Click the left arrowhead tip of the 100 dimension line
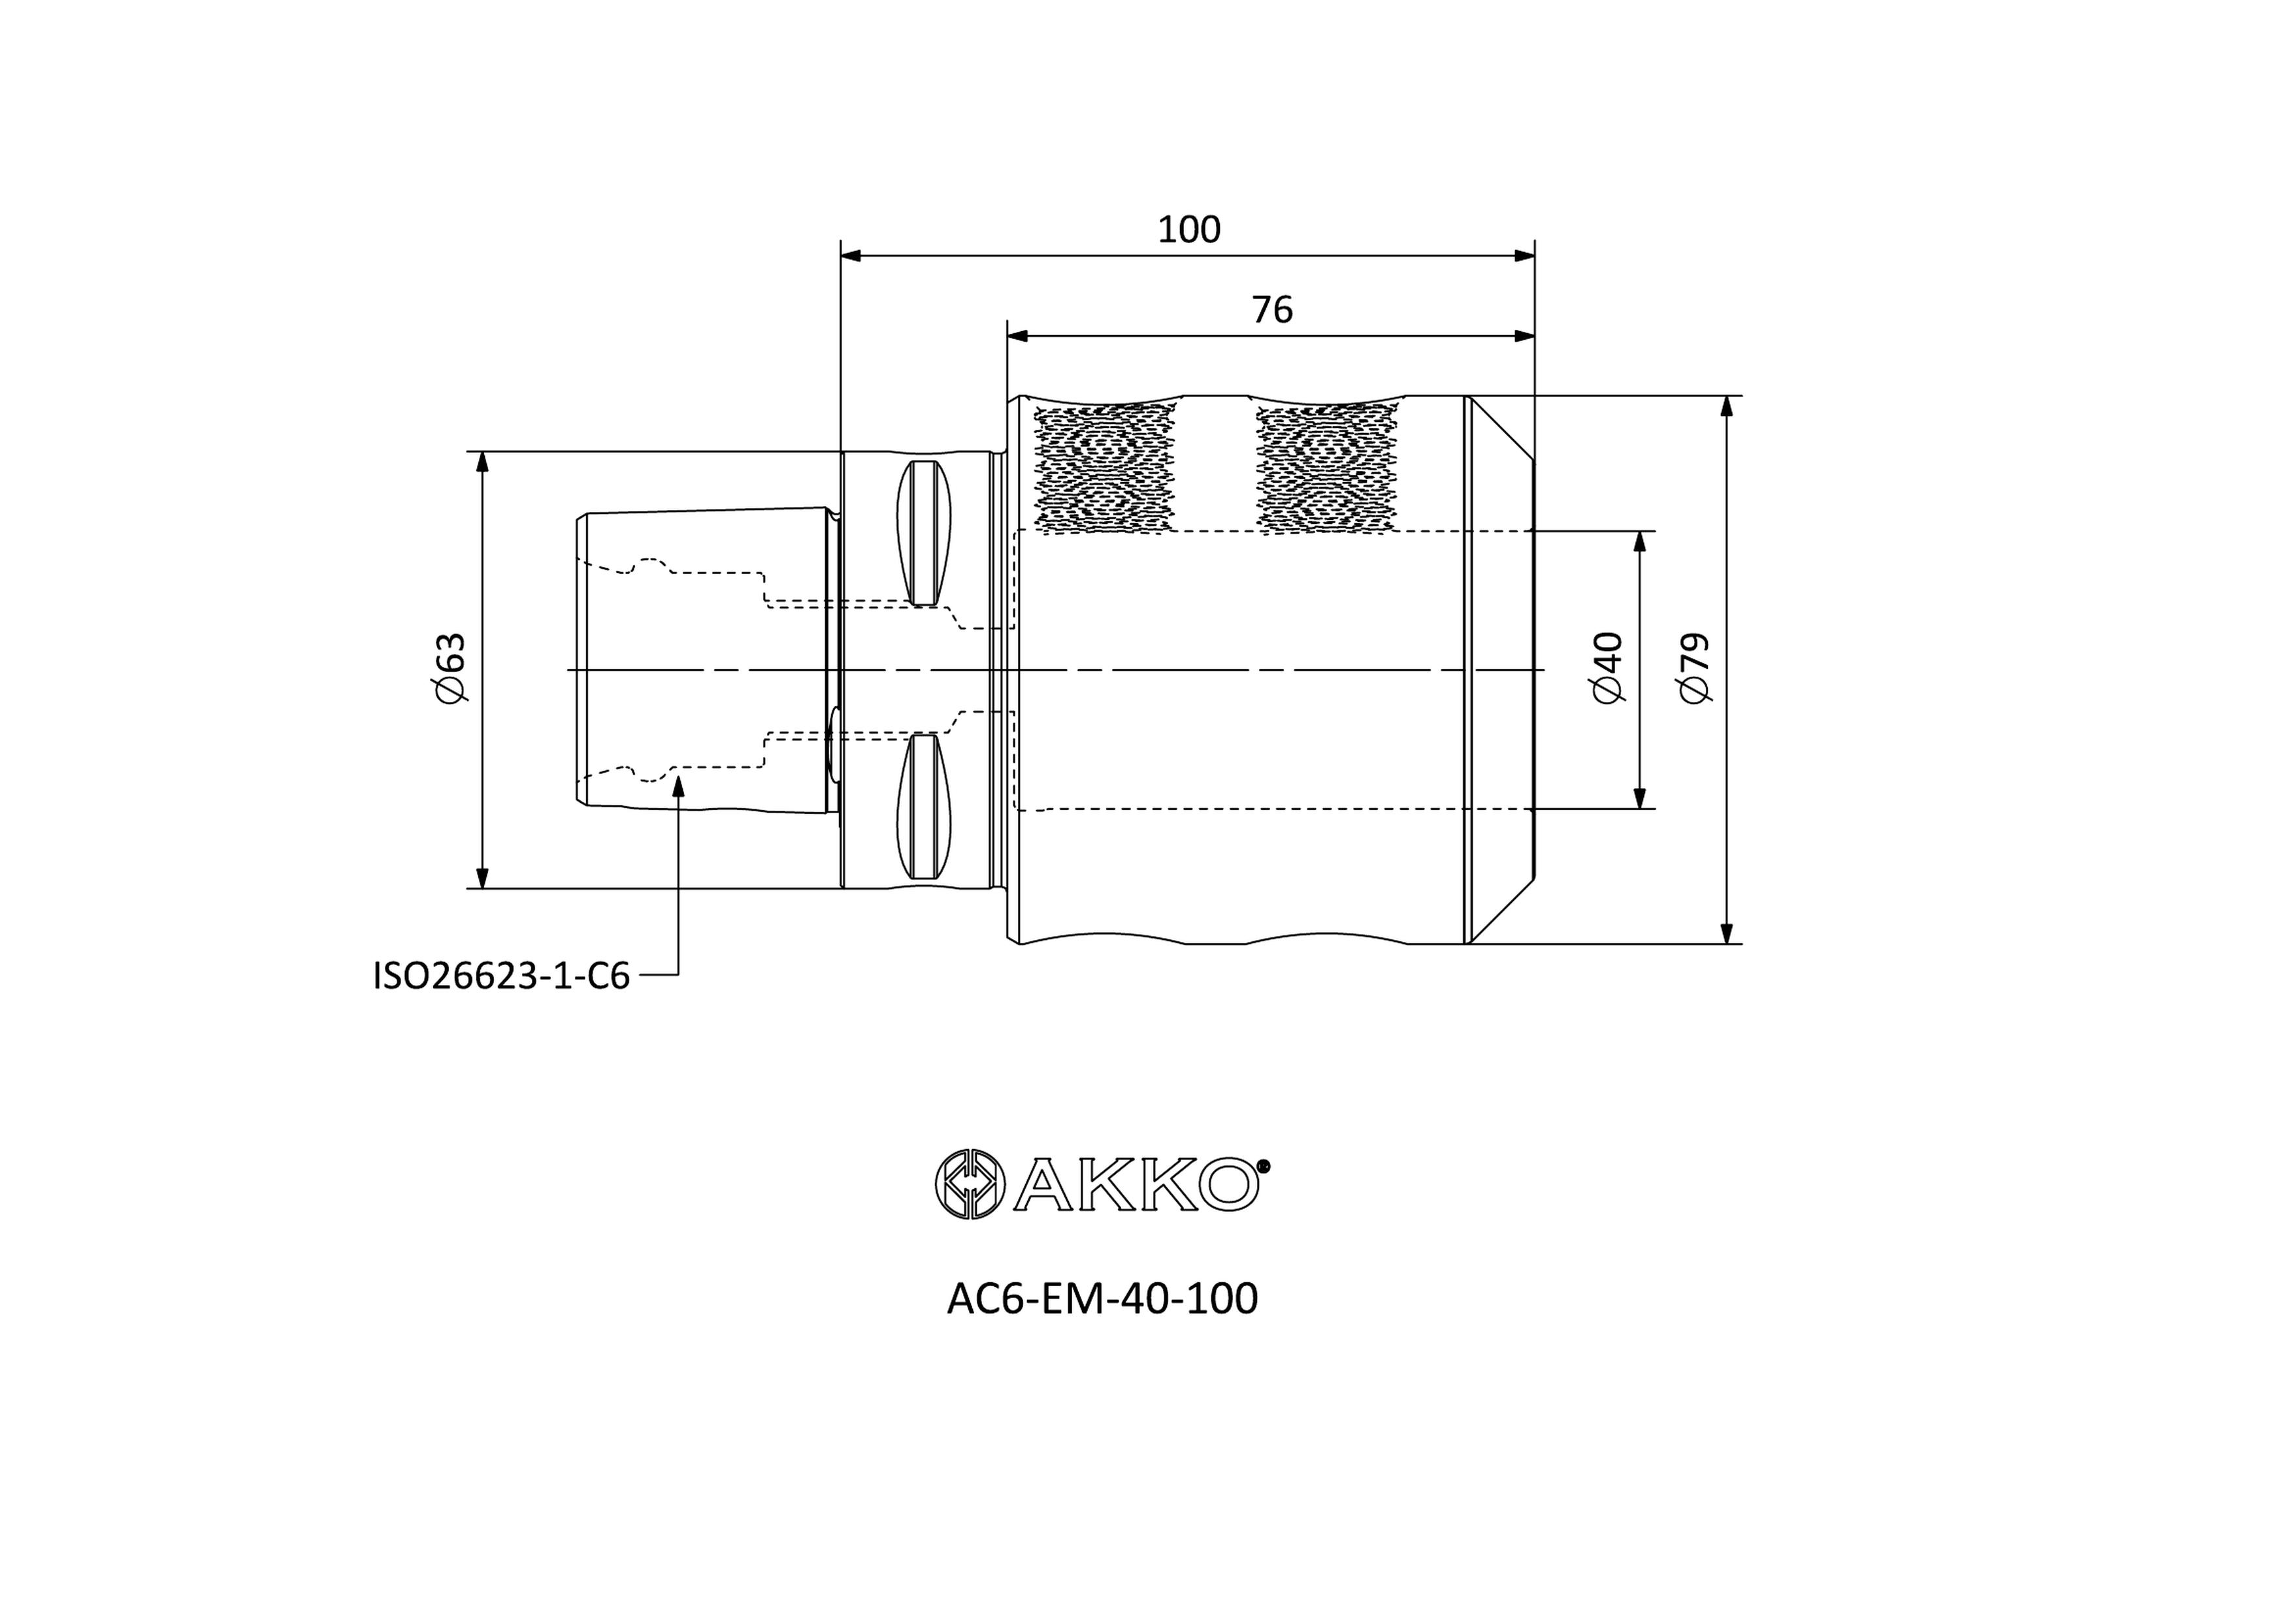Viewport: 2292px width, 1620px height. coord(842,255)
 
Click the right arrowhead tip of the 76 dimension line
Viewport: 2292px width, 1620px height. coord(1534,335)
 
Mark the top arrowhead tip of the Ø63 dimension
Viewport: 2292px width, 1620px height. coord(482,452)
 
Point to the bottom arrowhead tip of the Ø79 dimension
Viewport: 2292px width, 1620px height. coord(1726,943)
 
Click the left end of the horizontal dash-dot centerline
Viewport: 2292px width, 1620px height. coord(567,669)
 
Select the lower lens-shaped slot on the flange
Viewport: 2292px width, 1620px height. coord(923,807)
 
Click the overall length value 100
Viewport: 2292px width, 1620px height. coord(1189,229)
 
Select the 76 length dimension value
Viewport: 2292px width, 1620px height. coord(1272,310)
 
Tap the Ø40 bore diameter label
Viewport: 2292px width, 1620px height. coord(1607,668)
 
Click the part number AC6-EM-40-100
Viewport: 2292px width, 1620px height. coord(1102,1299)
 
